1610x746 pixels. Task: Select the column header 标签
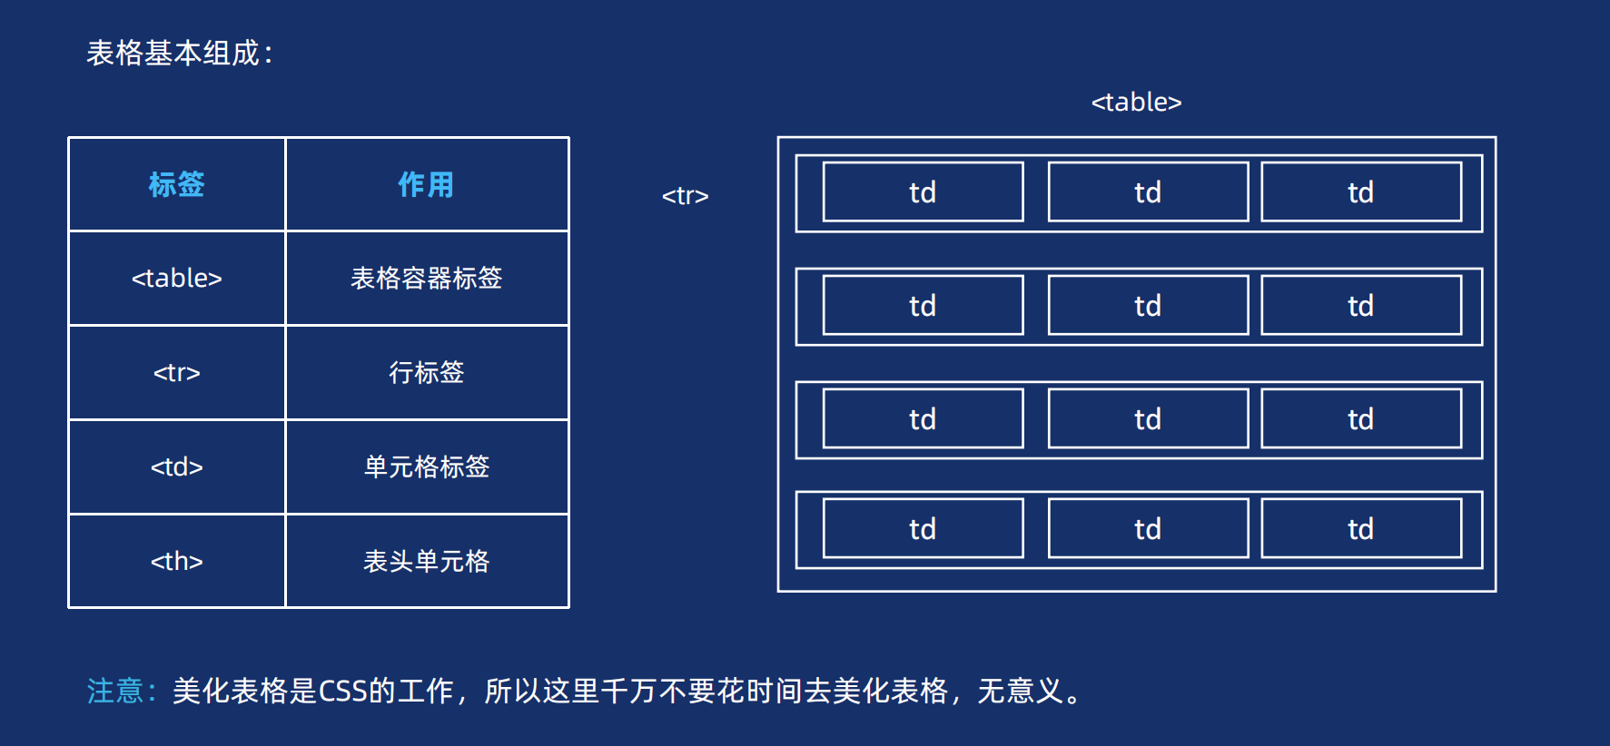coord(177,184)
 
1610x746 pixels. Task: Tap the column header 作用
coord(426,184)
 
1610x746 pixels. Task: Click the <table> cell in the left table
coord(177,278)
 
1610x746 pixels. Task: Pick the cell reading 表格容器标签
coord(426,278)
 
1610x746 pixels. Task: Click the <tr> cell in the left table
coord(177,372)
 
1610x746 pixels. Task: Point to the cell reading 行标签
coord(426,372)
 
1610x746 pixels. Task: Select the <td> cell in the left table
coord(177,466)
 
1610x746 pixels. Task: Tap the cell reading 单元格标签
coord(426,466)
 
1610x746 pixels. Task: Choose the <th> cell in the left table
coord(177,561)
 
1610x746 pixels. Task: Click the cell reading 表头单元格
coord(426,561)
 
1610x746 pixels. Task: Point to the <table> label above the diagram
coord(1136,102)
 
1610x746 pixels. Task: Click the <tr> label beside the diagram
coord(685,195)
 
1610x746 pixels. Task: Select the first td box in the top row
coord(923,192)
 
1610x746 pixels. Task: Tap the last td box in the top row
coord(1360,192)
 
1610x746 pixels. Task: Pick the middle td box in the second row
coord(1148,306)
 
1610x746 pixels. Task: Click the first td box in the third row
coord(923,419)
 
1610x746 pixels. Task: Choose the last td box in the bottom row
coord(1360,529)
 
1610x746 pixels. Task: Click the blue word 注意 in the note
coord(115,691)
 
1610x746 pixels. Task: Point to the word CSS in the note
coord(343,691)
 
